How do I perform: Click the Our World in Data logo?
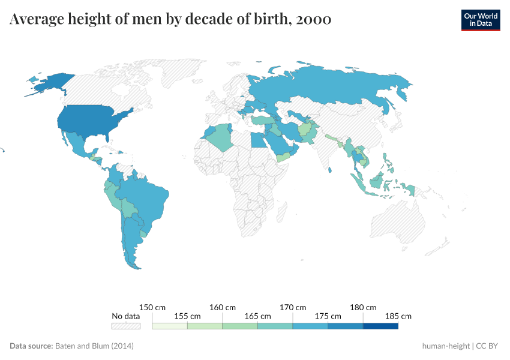481,20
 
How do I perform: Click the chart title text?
170,20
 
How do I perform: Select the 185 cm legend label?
398,316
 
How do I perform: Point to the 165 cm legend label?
257,316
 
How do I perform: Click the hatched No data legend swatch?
126,326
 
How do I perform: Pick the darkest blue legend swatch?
380,326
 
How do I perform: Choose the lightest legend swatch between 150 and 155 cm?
170,326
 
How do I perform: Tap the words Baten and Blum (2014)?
94,346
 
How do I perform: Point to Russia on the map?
336,87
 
